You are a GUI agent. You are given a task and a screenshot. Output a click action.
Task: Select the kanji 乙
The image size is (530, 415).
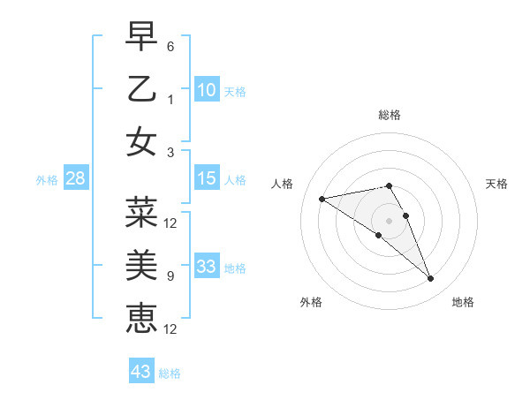coord(142,89)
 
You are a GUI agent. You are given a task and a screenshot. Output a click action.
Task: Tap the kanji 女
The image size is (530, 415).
coord(142,142)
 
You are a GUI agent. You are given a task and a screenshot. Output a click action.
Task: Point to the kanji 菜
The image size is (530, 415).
coord(142,212)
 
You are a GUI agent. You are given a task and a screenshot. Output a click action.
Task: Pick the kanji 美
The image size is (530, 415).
coord(142,265)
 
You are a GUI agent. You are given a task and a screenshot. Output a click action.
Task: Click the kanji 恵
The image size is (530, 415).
coord(142,318)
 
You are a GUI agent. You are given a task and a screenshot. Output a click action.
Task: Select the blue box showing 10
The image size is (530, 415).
coord(206,90)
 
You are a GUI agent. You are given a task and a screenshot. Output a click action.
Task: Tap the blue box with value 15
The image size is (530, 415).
coord(206,179)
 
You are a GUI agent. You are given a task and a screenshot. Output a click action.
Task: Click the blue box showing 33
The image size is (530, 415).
coord(206,267)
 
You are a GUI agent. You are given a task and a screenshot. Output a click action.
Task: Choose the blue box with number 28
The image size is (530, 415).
coord(75,179)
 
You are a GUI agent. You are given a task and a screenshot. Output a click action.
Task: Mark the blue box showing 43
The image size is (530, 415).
coord(140,372)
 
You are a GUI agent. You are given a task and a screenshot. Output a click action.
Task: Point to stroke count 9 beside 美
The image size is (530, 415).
coord(170,276)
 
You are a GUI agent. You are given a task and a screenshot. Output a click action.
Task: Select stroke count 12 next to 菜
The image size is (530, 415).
coord(170,223)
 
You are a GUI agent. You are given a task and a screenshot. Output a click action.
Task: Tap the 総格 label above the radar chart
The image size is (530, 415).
coord(389,115)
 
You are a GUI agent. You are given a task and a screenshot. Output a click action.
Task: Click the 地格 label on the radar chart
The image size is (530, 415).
coord(463,303)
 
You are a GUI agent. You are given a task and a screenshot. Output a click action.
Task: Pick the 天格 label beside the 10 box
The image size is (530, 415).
coord(235,92)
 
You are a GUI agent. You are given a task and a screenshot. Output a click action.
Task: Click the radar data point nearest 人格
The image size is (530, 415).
coord(322,198)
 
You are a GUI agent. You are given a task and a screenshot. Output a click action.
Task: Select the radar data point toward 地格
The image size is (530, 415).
coord(430,279)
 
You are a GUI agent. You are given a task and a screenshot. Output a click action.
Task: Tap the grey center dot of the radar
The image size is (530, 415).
coord(389,221)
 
